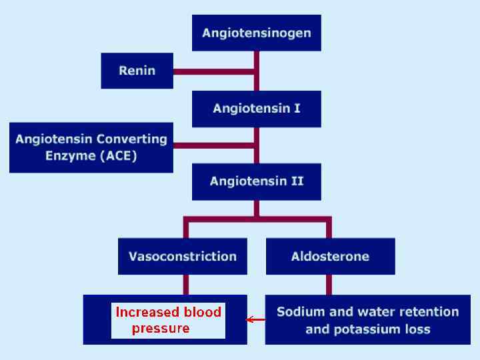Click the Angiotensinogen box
click(257, 33)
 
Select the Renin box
click(137, 70)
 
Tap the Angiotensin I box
click(257, 108)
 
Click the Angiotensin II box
click(257, 181)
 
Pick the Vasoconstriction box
click(182, 257)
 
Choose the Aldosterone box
click(330, 257)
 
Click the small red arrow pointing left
click(255, 320)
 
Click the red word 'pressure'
click(161, 328)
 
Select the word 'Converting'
click(131, 139)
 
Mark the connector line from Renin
click(213, 70)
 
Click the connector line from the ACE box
click(213, 144)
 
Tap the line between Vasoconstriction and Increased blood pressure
click(186, 285)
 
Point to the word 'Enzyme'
click(68, 156)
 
